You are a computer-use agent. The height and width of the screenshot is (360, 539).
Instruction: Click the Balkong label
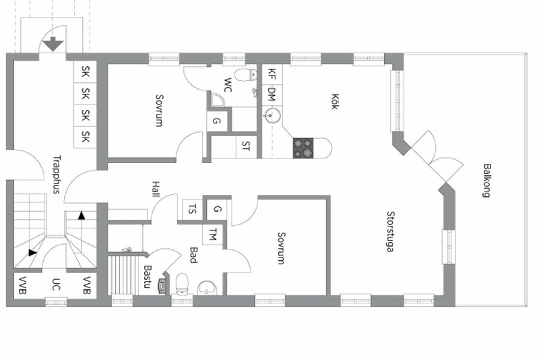click(x=486, y=181)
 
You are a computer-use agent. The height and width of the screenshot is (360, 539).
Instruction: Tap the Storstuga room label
click(x=391, y=231)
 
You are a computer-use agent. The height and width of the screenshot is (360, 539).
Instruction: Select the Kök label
click(x=334, y=101)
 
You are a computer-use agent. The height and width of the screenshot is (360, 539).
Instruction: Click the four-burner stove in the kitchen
click(x=303, y=148)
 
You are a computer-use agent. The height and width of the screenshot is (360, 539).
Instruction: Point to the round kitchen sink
click(x=272, y=115)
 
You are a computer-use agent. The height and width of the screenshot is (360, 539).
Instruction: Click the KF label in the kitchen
click(x=272, y=74)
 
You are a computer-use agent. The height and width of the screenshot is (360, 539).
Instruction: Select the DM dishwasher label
click(x=272, y=94)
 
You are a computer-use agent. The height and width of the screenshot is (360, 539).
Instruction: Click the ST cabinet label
click(x=246, y=146)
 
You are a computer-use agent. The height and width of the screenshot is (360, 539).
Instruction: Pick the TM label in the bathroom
click(x=213, y=234)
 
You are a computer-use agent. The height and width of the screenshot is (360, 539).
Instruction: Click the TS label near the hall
click(x=193, y=209)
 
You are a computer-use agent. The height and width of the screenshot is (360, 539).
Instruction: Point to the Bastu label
click(x=148, y=276)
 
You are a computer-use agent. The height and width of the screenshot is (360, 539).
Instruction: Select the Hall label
click(x=156, y=189)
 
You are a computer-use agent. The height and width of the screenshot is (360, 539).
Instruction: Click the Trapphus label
click(x=57, y=175)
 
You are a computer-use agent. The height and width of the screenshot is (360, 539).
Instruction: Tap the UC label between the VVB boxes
click(x=56, y=284)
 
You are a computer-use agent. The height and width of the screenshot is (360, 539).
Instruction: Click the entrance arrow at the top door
click(x=53, y=44)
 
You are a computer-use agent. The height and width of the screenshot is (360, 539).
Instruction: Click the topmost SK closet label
click(x=86, y=72)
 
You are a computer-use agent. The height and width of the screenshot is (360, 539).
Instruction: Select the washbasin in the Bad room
click(x=208, y=288)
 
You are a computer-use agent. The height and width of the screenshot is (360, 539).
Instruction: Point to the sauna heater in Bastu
click(x=161, y=287)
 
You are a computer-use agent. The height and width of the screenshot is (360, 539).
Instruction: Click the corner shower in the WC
click(x=216, y=99)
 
